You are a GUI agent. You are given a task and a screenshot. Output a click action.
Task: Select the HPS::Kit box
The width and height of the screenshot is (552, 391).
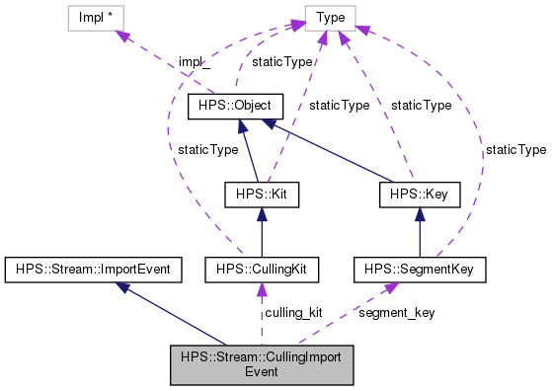point(261,195)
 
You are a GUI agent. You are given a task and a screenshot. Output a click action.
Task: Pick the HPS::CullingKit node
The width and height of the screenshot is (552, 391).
point(261,268)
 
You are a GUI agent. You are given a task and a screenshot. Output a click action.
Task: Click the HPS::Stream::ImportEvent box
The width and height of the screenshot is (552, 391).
point(88,268)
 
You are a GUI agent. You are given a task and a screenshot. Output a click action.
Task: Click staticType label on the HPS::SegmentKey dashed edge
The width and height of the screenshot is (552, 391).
point(514,149)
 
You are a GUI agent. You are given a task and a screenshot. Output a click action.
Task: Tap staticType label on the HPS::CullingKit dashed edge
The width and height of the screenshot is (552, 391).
point(207,149)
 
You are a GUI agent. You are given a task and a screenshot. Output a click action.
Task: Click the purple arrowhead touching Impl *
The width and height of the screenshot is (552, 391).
point(123,37)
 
